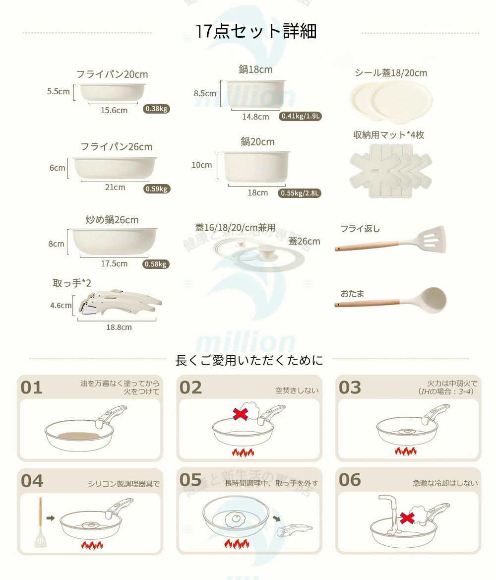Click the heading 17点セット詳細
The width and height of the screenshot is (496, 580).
[x=256, y=31]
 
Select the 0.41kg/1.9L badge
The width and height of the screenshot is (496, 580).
[x=301, y=116]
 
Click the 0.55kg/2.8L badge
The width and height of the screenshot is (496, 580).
[x=300, y=193]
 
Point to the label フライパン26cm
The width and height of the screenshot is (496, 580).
[x=117, y=147]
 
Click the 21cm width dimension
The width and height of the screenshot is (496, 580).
[x=115, y=188]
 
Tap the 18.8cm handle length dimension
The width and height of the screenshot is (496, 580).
[x=119, y=327]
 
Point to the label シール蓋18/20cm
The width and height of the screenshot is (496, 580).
[x=391, y=73]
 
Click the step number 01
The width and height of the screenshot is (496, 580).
[x=32, y=387]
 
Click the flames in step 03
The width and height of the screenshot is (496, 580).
[x=405, y=451]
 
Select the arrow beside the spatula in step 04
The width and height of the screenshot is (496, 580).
[x=50, y=517]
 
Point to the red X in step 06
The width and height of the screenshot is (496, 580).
[x=408, y=518]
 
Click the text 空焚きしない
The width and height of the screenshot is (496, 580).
[x=297, y=390]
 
